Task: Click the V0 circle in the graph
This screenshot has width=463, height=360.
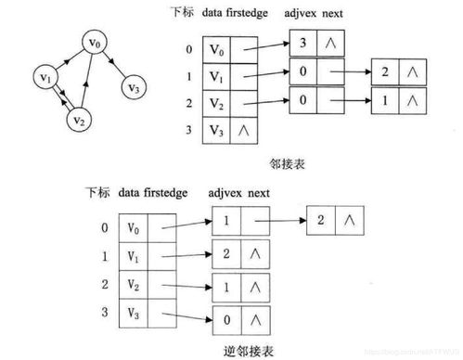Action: pyautogui.click(x=93, y=44)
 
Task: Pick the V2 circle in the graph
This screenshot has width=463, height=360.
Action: pyautogui.click(x=80, y=118)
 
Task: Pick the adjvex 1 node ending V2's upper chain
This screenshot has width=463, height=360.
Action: pyautogui.click(x=384, y=98)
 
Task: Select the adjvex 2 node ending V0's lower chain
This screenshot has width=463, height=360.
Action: pyautogui.click(x=322, y=220)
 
